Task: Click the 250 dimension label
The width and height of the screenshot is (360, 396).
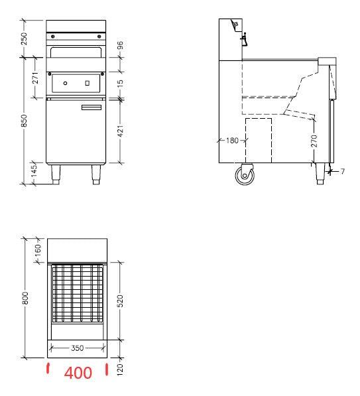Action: (24, 39)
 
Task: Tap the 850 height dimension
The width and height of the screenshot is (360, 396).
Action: (24, 120)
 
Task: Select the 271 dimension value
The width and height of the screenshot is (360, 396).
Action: (37, 78)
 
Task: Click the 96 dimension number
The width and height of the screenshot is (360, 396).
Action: (121, 46)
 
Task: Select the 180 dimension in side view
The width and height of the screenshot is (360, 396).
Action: (232, 141)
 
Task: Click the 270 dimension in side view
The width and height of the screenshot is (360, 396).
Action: (314, 141)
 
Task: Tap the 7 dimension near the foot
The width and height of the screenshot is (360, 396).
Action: (343, 172)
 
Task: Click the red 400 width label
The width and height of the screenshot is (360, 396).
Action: (78, 373)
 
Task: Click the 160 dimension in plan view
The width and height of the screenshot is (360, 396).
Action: (37, 251)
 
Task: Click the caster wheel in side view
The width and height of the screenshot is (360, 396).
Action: (245, 176)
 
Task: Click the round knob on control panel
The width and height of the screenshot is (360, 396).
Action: (65, 82)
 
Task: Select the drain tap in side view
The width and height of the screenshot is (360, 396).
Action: (244, 41)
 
